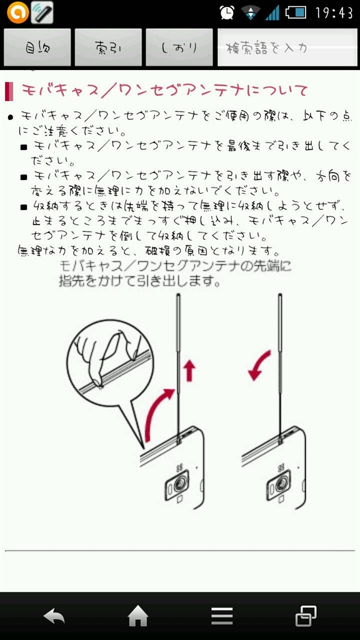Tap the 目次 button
[x=37, y=47]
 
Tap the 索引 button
[x=108, y=47]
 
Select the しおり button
[x=179, y=47]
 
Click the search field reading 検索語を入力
[x=287, y=47]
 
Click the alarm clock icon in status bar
[x=227, y=12]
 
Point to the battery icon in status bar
[x=296, y=12]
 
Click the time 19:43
[x=334, y=12]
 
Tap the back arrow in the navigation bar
[x=54, y=616]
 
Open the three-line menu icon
[x=222, y=616]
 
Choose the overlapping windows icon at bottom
[x=306, y=616]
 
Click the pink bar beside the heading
[x=9, y=91]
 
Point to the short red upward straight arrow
[x=189, y=371]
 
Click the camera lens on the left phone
[x=178, y=484]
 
